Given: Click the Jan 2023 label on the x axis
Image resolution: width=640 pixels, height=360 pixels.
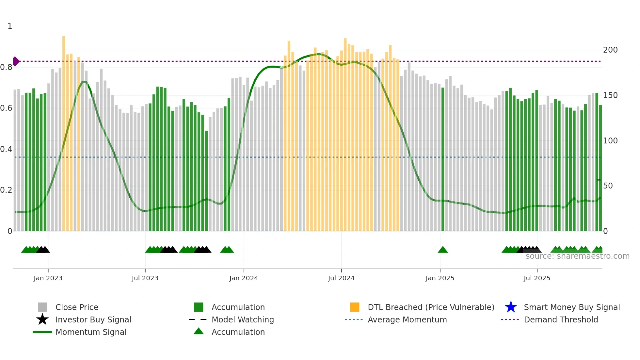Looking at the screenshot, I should coord(48,278).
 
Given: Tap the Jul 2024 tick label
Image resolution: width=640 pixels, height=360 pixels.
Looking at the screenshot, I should coord(341,278).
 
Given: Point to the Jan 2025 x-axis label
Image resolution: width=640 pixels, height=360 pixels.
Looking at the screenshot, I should coord(440,278).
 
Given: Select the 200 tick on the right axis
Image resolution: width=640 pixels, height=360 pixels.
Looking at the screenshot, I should coord(610,50).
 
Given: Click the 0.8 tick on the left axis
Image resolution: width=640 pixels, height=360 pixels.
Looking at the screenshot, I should coord(6,67).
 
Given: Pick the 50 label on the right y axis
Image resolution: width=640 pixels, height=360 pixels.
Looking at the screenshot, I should coord(608,186).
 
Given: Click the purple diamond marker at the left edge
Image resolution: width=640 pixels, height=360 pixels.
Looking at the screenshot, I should coord(16,61).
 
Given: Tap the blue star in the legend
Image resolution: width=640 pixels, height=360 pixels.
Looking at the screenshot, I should coord(511,307).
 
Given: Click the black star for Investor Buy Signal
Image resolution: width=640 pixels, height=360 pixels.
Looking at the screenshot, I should coord(42,319).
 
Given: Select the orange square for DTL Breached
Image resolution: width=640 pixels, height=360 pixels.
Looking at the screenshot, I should coord(355,307).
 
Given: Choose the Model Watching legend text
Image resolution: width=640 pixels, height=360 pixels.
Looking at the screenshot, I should coord(243,319).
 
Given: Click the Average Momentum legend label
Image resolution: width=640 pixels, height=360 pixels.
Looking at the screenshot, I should coord(407,319).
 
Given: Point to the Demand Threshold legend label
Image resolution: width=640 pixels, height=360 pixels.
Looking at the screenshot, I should coord(561,319).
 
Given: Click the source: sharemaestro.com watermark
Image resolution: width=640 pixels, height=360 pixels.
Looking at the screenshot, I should coord(577,256).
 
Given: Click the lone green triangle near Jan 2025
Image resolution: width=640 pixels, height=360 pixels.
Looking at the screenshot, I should coord(443,250).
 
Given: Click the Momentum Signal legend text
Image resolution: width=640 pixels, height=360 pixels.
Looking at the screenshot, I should coord(91,332).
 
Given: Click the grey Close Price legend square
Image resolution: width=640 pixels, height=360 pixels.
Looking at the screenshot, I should coord(42,307).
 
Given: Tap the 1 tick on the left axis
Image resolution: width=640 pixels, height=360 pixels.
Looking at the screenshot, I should coord(10,26).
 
